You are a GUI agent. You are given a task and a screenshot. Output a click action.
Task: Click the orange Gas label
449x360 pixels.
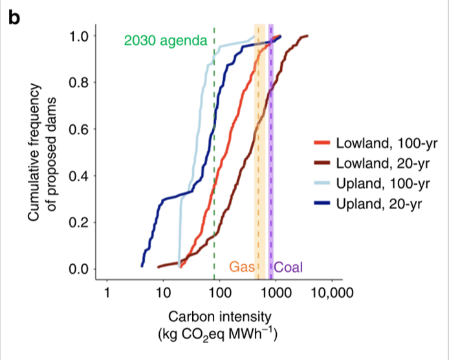click(x=239, y=266)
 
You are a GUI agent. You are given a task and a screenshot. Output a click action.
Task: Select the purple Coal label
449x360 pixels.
click(x=289, y=266)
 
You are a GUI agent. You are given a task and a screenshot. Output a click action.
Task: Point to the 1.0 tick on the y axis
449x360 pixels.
click(x=83, y=36)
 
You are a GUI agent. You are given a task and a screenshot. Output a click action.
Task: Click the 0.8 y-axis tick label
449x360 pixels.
click(x=83, y=82)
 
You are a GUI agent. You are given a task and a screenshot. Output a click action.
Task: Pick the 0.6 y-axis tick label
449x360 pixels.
click(x=83, y=129)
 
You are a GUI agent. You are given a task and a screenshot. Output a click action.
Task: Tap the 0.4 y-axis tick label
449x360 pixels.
click(x=83, y=175)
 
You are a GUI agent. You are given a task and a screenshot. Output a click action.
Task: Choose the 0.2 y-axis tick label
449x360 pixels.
click(x=83, y=222)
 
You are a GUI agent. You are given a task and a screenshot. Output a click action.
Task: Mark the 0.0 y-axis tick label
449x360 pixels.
click(x=83, y=269)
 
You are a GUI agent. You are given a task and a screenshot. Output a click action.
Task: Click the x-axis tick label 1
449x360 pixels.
click(x=107, y=293)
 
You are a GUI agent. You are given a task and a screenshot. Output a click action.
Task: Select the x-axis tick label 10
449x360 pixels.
click(x=163, y=293)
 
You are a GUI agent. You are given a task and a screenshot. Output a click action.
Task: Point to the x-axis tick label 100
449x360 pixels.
click(x=219, y=293)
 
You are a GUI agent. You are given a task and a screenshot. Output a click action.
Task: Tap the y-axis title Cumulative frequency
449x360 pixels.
click(x=38, y=152)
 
